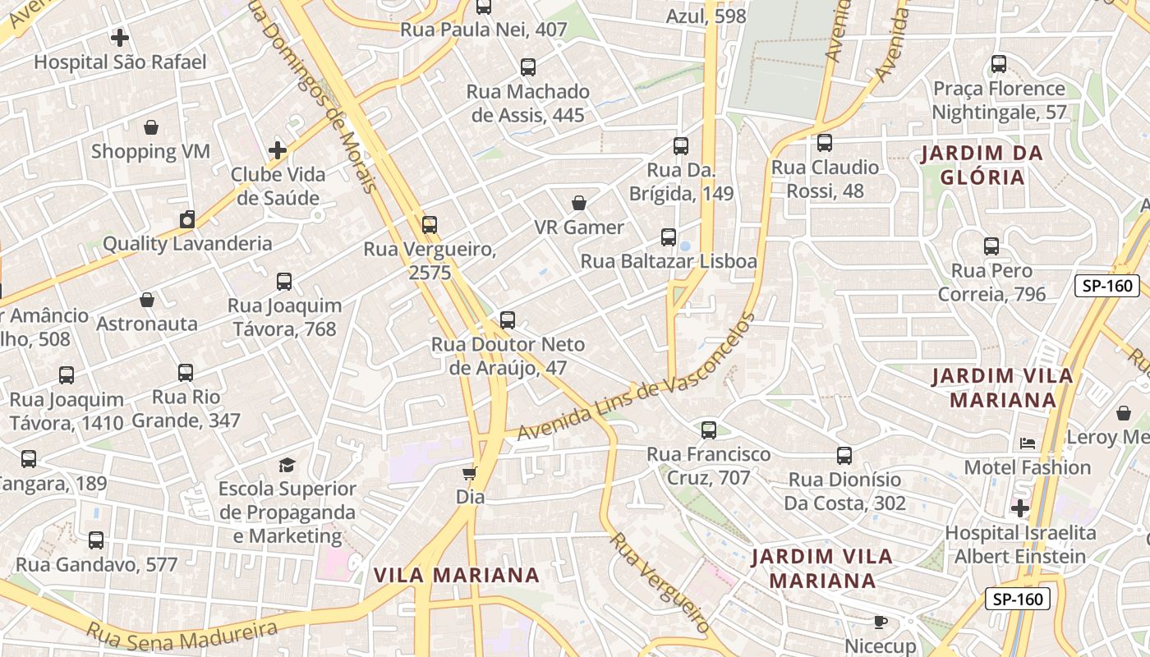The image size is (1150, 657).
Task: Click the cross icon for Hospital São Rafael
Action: pyautogui.click(x=120, y=38)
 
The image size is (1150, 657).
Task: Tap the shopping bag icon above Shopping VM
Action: pyautogui.click(x=151, y=127)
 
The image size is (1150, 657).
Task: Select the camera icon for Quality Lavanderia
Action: pyautogui.click(x=187, y=219)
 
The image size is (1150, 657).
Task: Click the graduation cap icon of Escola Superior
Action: pyautogui.click(x=287, y=465)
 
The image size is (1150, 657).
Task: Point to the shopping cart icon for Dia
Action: pyautogui.click(x=470, y=473)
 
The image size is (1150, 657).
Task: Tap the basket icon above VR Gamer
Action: pyautogui.click(x=579, y=203)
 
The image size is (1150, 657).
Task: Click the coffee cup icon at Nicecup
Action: pyautogui.click(x=881, y=622)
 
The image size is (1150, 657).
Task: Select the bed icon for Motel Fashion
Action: pyautogui.click(x=1028, y=443)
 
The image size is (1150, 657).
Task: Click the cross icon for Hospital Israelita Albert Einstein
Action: pyautogui.click(x=1020, y=508)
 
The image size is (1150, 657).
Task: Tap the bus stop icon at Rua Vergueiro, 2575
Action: pyautogui.click(x=430, y=225)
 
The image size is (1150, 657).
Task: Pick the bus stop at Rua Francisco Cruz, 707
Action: pyautogui.click(x=708, y=430)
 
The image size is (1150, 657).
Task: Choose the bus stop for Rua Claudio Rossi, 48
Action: pyautogui.click(x=825, y=143)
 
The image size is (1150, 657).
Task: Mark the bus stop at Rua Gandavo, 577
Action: pyautogui.click(x=96, y=540)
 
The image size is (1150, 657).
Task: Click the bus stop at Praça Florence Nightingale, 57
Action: pyautogui.click(x=999, y=64)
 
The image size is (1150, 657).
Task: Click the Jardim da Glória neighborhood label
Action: pyautogui.click(x=981, y=165)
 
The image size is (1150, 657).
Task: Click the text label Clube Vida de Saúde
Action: pyautogui.click(x=278, y=186)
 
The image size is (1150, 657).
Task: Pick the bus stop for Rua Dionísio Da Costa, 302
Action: pyautogui.click(x=844, y=456)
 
